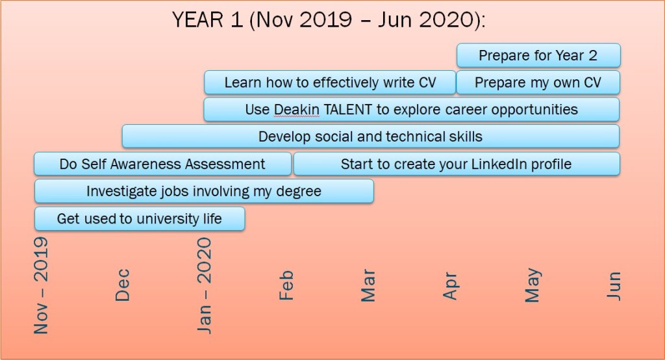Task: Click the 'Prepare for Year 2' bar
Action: coord(538,55)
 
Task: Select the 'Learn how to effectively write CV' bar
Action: coord(330,83)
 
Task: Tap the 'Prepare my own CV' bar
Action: coord(538,83)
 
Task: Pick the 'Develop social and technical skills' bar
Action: coord(371,136)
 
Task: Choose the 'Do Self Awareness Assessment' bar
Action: coord(163,164)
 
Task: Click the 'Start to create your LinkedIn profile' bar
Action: coord(457,164)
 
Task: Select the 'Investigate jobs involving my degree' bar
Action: coord(204,191)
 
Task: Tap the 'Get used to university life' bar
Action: coord(140,218)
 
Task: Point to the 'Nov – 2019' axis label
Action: coord(41,285)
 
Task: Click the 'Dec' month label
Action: coord(122,285)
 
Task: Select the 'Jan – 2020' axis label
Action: coord(204,285)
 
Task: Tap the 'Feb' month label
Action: coord(286,285)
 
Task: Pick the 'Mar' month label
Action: coord(368,285)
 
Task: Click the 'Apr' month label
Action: coord(451,286)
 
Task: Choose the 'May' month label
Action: coord(533,285)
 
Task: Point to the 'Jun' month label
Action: coord(614,286)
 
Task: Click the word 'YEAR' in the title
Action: coord(197,20)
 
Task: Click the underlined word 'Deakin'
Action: coord(296,110)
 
